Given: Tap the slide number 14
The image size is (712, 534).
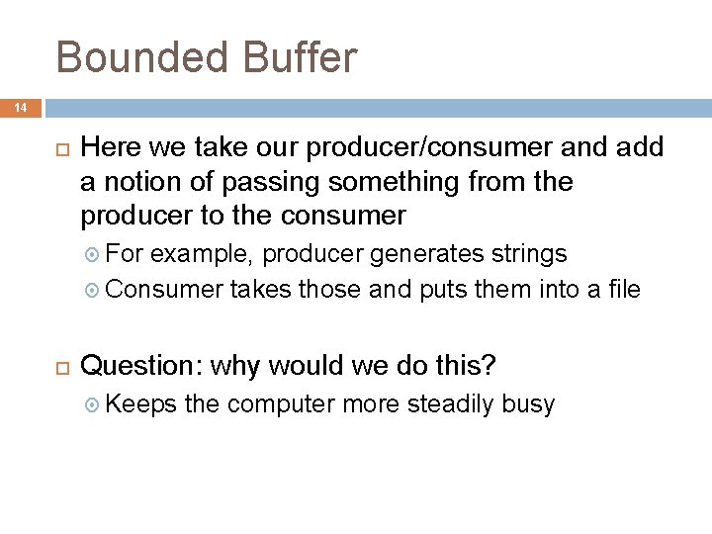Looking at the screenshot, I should point(22,108).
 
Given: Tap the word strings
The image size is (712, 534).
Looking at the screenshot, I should point(530,254).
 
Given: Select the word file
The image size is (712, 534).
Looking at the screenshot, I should point(621,289).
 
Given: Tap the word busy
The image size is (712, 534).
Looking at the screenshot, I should point(528,403).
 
